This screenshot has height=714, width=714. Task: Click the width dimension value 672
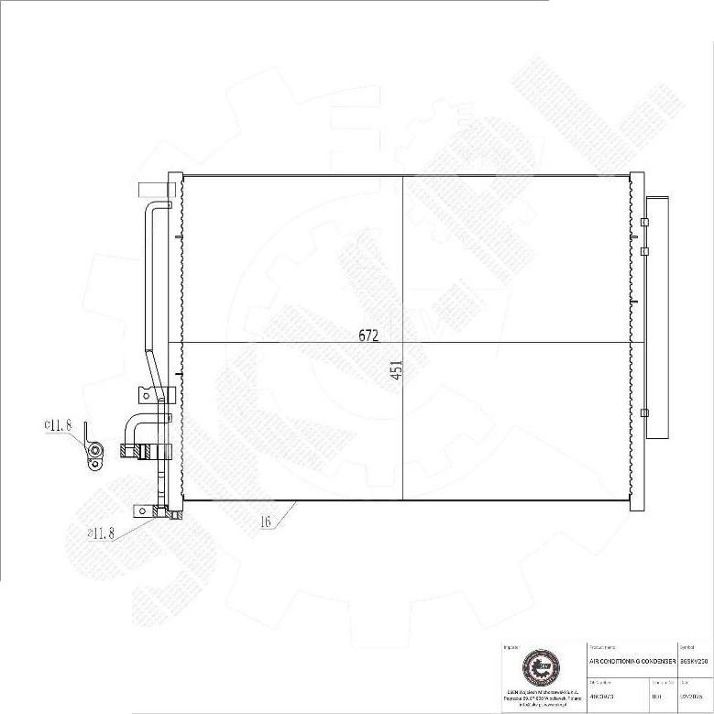pyautogui.click(x=368, y=335)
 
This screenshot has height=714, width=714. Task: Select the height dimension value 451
pyautogui.click(x=396, y=368)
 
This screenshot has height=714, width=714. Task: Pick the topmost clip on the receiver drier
pyautogui.click(x=645, y=222)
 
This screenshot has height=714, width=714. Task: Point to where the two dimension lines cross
pyautogui.click(x=403, y=343)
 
